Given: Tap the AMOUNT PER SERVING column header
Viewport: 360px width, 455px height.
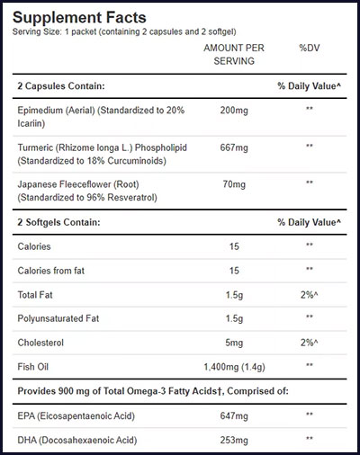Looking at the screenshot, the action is coord(233,54).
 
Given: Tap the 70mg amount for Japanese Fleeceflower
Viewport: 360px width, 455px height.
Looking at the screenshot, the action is coord(234,183).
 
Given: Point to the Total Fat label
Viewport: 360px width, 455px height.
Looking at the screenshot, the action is coord(38,294).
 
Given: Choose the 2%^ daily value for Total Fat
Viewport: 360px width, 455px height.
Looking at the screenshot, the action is coord(309,294).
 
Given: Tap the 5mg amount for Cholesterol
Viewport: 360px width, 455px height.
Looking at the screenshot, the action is coord(234,343).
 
